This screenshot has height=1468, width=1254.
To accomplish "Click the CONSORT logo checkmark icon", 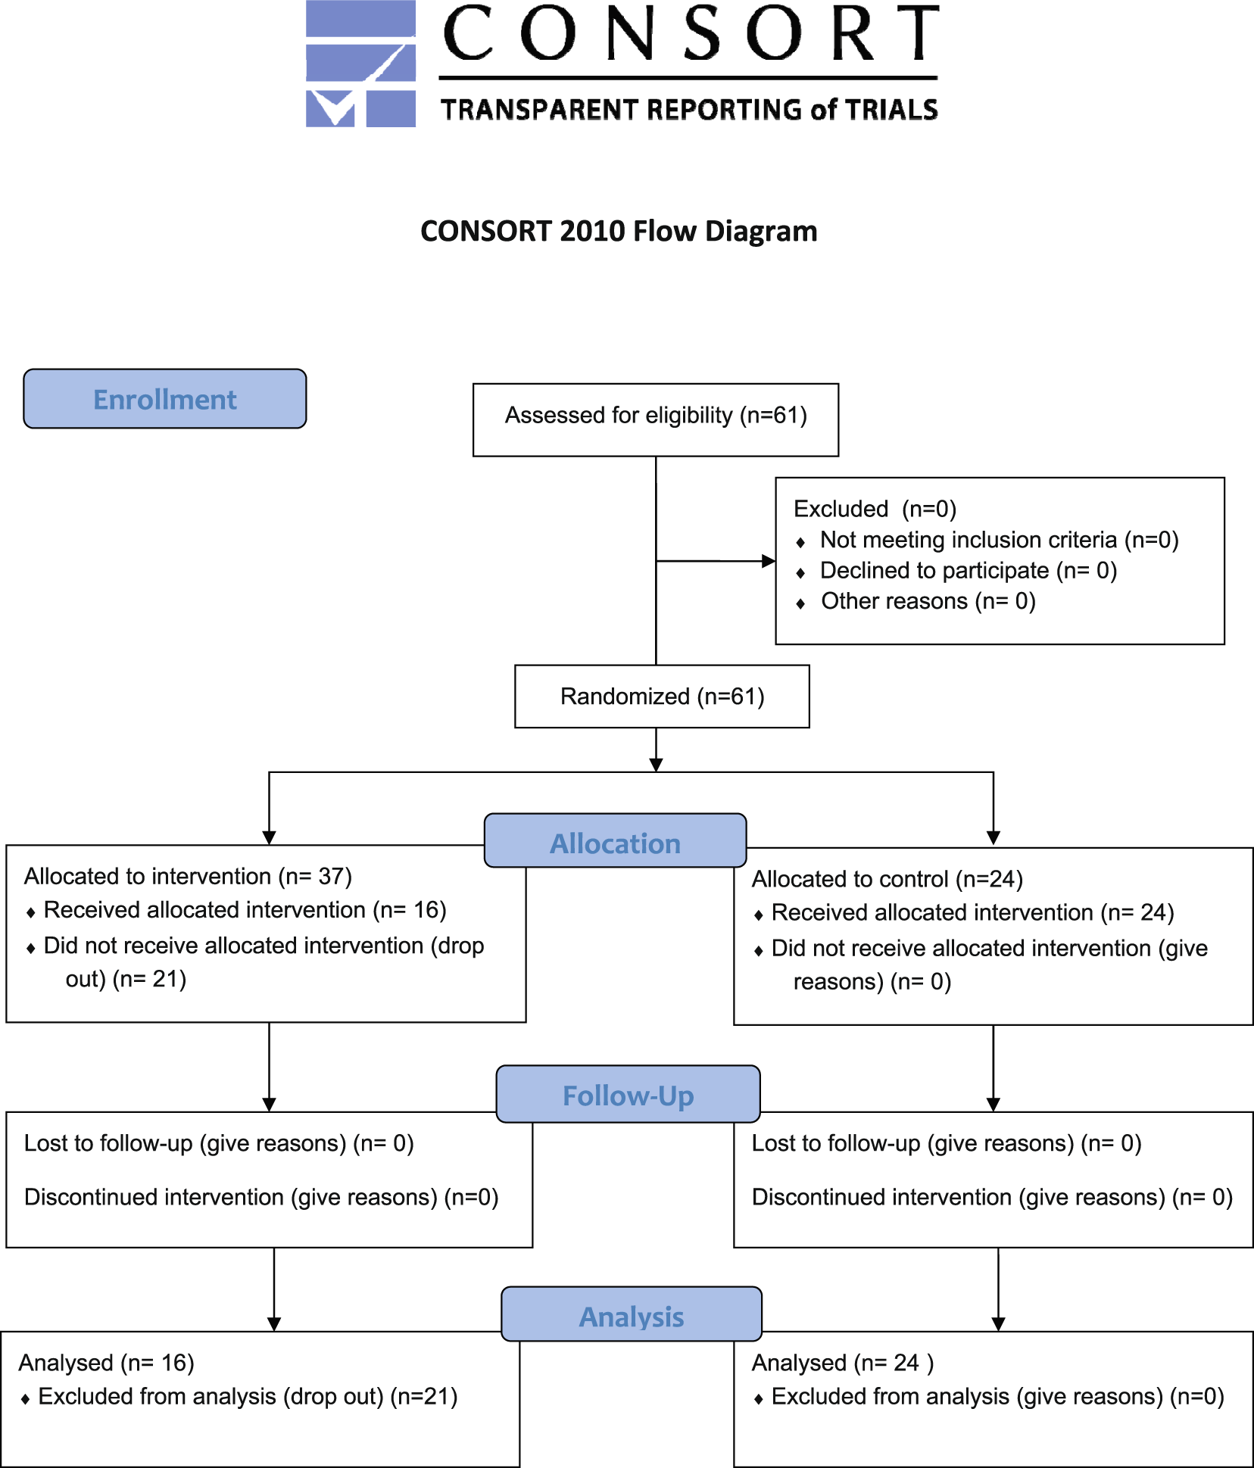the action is [360, 64].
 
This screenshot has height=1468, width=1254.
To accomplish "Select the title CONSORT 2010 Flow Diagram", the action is [619, 231].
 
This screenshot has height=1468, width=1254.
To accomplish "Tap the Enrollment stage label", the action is [165, 399].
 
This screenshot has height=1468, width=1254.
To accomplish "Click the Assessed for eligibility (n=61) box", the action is [656, 420].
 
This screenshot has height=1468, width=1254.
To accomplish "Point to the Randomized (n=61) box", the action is [662, 697].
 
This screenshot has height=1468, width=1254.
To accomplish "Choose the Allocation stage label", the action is [616, 841].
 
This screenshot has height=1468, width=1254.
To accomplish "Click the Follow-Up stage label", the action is [629, 1095].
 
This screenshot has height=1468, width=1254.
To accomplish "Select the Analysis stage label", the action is [632, 1314].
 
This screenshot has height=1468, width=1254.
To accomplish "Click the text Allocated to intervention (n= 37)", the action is [188, 877].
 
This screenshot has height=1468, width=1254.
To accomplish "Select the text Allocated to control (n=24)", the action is [887, 879].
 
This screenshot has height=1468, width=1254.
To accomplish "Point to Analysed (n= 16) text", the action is [107, 1363].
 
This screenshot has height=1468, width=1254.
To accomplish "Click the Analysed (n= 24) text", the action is [843, 1363].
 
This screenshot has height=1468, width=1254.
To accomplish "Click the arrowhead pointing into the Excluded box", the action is [769, 561].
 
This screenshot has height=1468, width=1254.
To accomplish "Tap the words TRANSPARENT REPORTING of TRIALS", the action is [689, 110].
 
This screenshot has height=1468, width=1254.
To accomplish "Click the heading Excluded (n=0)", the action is [875, 509].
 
